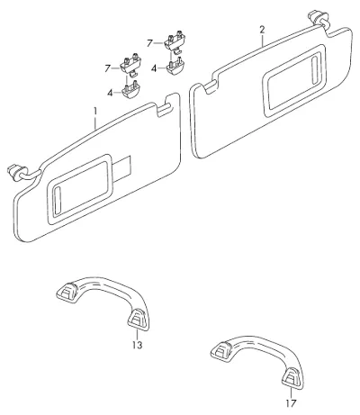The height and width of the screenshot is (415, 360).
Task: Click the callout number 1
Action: (x=95, y=112)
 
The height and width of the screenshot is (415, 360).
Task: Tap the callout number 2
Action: (x=262, y=30)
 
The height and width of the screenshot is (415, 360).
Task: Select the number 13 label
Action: (x=137, y=346)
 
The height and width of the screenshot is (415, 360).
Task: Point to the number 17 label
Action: (x=291, y=403)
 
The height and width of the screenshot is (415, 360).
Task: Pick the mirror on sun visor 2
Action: (x=293, y=80)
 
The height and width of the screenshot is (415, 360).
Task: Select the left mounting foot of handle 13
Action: (x=67, y=293)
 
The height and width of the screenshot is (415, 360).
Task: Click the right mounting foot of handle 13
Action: (x=138, y=320)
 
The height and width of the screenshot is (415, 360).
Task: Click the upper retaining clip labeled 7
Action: (x=175, y=41)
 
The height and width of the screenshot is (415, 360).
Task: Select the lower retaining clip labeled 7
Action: (x=130, y=65)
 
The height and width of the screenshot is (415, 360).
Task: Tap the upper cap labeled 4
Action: (x=175, y=68)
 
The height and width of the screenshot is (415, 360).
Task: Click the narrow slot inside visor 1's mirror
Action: (x=57, y=202)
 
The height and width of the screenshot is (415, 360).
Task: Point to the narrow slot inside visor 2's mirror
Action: (x=315, y=68)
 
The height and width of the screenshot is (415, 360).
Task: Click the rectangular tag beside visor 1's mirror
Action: (x=122, y=169)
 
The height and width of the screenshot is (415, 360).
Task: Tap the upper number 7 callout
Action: (x=149, y=43)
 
